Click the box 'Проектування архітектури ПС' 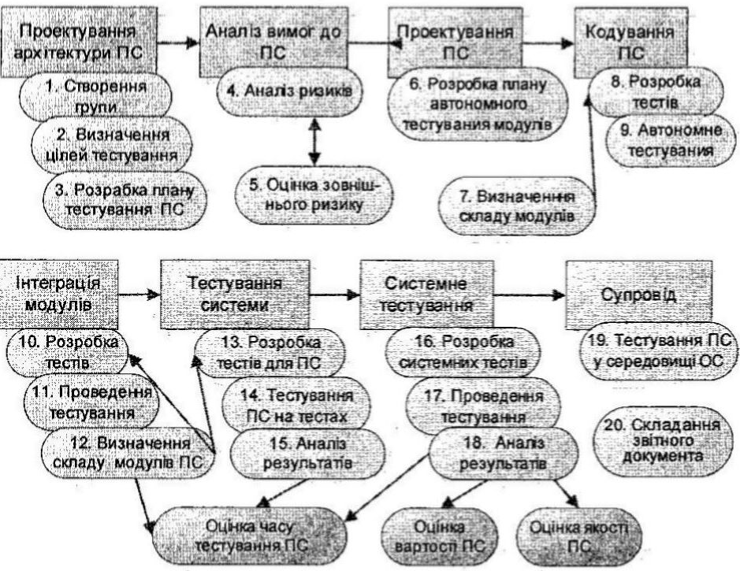[x=76, y=39]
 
